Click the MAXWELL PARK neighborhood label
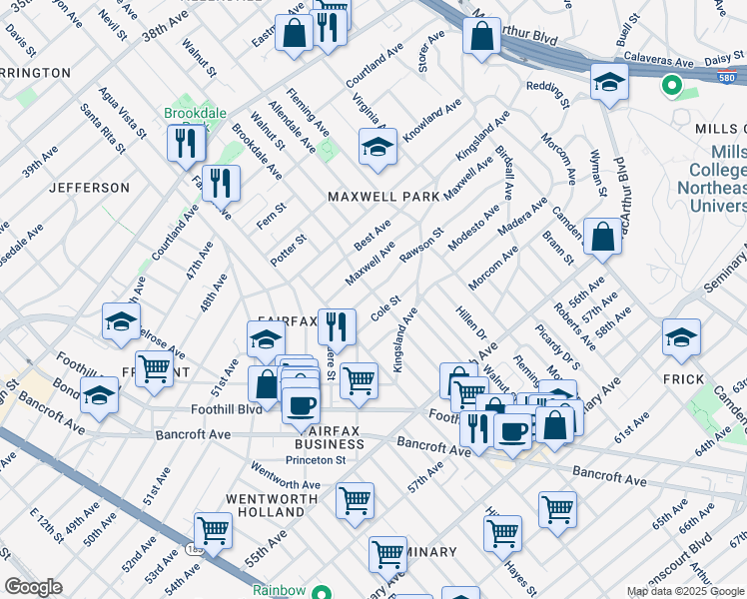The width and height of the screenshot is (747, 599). tap(383, 197)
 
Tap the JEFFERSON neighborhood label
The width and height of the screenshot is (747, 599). tap(90, 187)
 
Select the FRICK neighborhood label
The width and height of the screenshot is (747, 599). tap(684, 380)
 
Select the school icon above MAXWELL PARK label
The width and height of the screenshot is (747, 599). tap(377, 148)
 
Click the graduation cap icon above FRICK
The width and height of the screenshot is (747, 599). tap(681, 338)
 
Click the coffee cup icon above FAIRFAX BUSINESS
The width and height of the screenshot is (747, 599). tap(300, 406)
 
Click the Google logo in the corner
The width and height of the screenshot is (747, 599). tap(34, 587)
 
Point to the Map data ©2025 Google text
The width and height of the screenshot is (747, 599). tap(685, 591)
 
